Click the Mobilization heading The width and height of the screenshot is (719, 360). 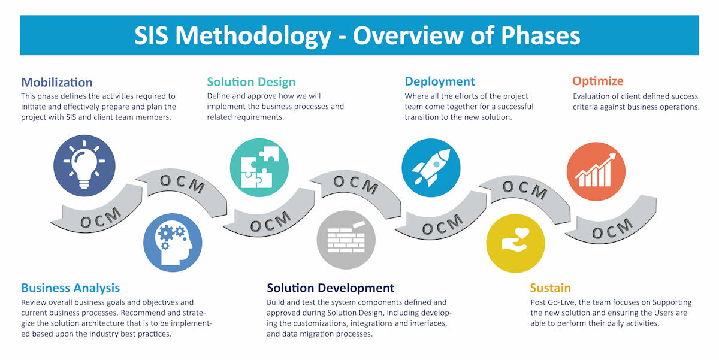pos(57,83)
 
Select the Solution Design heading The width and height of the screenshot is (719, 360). pos(251,82)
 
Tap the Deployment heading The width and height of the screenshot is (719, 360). pos(439,82)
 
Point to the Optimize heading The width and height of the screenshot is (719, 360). pos(598,81)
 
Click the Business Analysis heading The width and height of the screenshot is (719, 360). pos(71,288)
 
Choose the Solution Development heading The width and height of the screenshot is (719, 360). pos(330,288)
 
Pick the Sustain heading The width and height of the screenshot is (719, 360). pos(550,288)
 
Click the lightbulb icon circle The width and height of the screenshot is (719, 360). pos(84,165)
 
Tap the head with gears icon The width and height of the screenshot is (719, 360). pos(173,243)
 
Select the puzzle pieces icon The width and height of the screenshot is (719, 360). pos(259,168)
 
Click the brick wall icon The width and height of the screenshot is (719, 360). pos(346,240)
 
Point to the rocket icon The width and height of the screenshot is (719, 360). pos(431,168)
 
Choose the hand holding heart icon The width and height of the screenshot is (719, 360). pos(515,244)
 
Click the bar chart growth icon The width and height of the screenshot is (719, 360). pos(596,172)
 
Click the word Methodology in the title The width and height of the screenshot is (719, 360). pos(253,36)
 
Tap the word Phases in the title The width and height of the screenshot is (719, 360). pos(540,35)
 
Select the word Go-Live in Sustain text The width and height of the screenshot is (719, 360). pos(560,302)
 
